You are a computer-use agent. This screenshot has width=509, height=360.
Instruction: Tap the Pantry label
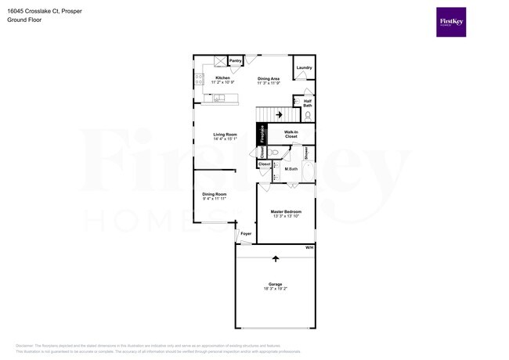click(x=235, y=60)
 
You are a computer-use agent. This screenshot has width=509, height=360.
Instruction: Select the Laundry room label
click(x=304, y=68)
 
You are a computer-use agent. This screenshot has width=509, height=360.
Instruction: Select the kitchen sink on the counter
click(x=219, y=98)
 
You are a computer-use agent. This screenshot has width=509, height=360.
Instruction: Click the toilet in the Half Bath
click(x=308, y=115)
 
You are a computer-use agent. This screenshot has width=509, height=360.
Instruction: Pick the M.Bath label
click(x=291, y=169)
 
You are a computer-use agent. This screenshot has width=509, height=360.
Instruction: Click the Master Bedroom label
click(x=286, y=211)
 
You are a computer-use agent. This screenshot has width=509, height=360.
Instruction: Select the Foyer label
click(x=246, y=233)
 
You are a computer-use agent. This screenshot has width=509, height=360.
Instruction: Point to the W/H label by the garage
click(x=309, y=247)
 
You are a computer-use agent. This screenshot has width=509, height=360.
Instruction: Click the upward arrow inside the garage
click(x=275, y=258)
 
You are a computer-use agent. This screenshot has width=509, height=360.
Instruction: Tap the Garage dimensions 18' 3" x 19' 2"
click(x=275, y=289)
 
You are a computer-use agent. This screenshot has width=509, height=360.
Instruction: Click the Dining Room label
click(x=214, y=194)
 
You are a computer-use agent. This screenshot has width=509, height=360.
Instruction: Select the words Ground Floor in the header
click(x=24, y=20)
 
